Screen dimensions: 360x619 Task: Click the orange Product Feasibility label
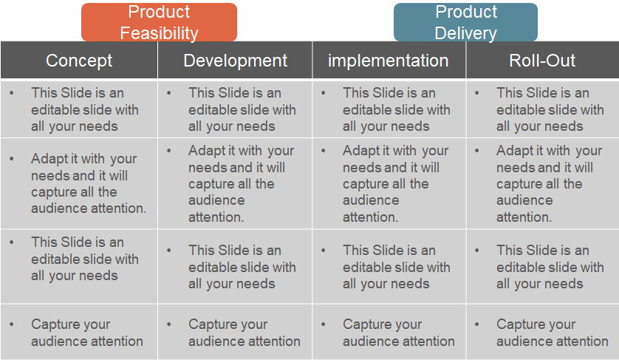pos(159,22)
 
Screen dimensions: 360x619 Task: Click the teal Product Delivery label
pos(465,22)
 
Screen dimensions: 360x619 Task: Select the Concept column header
pos(79,61)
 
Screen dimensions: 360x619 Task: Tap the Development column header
pos(235,61)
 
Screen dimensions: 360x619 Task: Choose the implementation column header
pos(388,61)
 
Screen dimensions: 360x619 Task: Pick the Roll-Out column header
pos(542,61)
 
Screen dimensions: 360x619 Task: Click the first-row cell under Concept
pos(79,109)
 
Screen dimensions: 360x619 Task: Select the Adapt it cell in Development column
pos(235,183)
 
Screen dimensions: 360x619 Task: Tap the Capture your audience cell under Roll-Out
pos(542,333)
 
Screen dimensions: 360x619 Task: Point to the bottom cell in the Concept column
pos(79,333)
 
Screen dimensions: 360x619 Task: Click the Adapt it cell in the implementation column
pos(388,183)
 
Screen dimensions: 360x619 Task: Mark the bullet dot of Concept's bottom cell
pos(12,325)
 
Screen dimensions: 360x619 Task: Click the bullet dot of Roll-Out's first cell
pos(476,93)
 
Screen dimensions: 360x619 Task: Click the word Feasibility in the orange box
pos(159,33)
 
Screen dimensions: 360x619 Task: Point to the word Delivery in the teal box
pos(465,33)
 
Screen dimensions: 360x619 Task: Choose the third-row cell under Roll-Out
pos(542,267)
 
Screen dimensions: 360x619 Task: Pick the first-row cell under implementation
pos(388,109)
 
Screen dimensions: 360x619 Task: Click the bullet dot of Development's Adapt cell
pos(169,151)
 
